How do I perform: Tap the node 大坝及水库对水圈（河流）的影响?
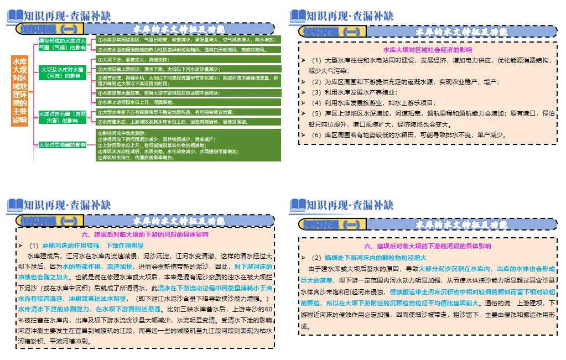[63, 72]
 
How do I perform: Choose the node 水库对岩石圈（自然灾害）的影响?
[62, 117]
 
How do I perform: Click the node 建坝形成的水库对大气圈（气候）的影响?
[62, 44]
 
